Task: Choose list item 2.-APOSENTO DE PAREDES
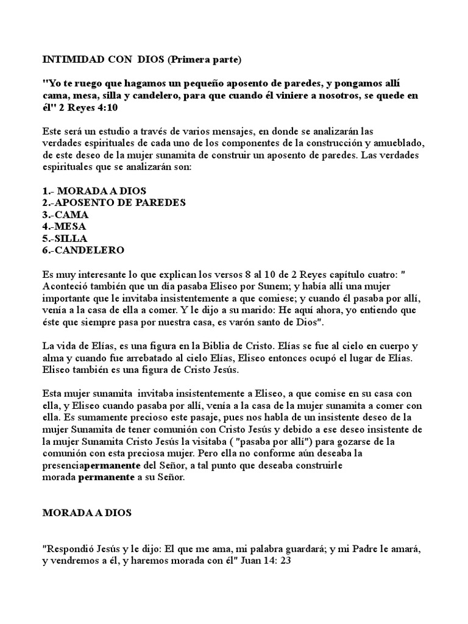[x=114, y=202]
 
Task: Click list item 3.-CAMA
[x=65, y=214]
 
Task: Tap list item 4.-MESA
[x=65, y=225]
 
